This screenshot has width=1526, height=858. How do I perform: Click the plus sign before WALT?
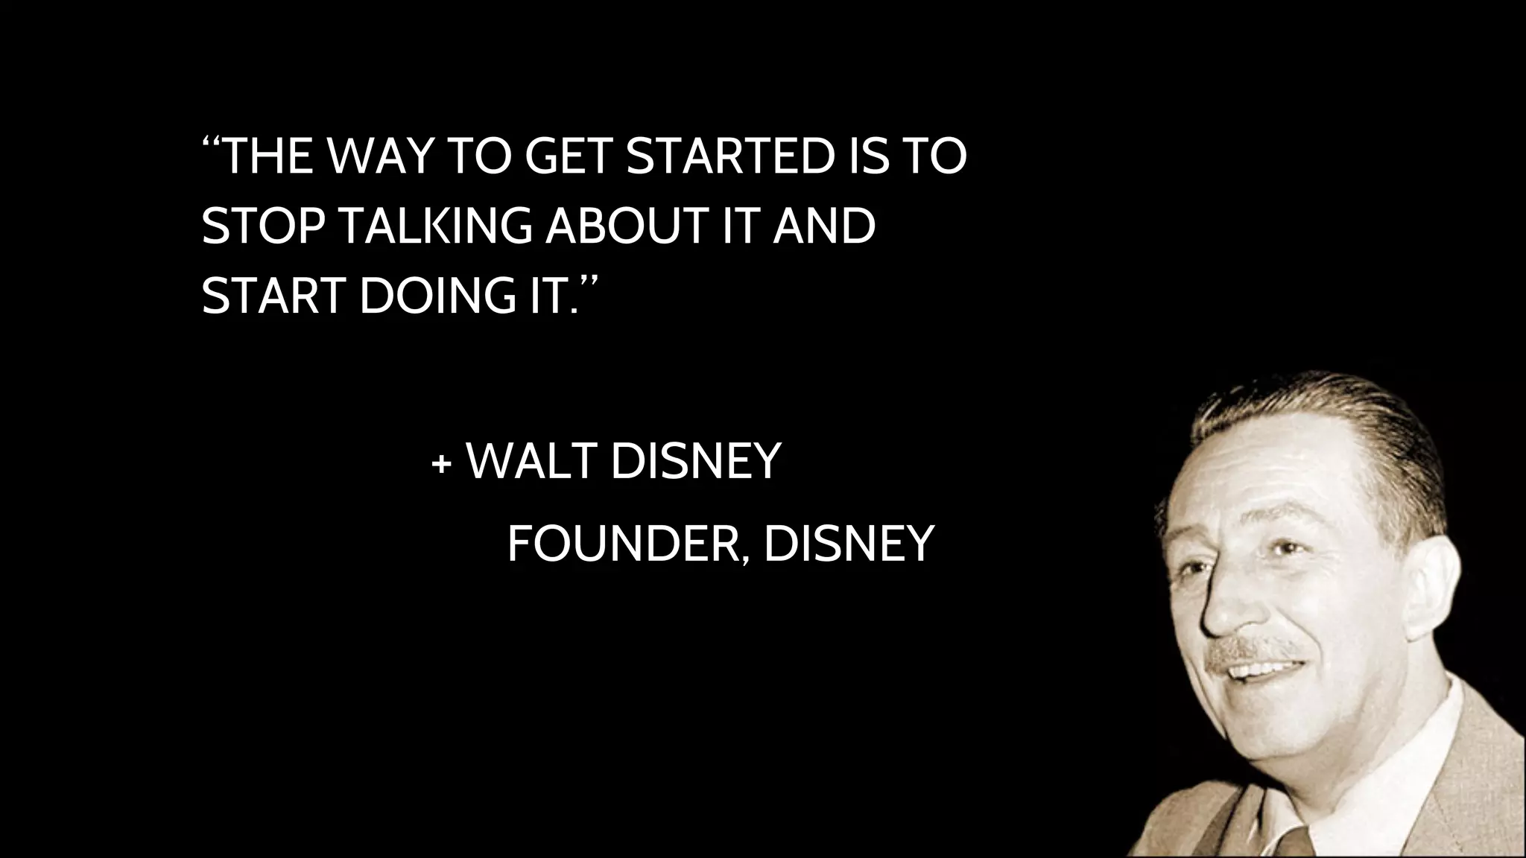click(441, 465)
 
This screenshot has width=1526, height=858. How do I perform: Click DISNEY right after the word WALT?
click(695, 462)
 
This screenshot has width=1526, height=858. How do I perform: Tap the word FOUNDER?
click(627, 544)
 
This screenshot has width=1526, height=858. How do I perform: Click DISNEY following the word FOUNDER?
click(849, 544)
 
